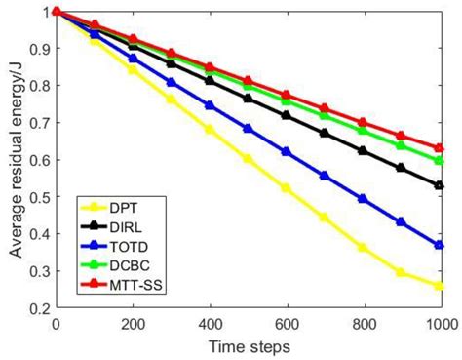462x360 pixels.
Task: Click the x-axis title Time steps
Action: coord(248,346)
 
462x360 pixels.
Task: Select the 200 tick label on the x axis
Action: coord(134,324)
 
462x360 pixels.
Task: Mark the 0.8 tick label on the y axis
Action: coord(39,86)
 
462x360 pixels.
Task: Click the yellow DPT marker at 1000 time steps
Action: coord(440,286)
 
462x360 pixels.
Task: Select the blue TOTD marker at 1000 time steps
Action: coord(440,245)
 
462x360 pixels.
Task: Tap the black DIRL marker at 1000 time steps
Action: coord(440,184)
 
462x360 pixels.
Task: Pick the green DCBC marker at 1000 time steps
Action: coord(440,160)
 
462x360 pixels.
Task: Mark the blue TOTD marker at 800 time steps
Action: coord(363,198)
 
